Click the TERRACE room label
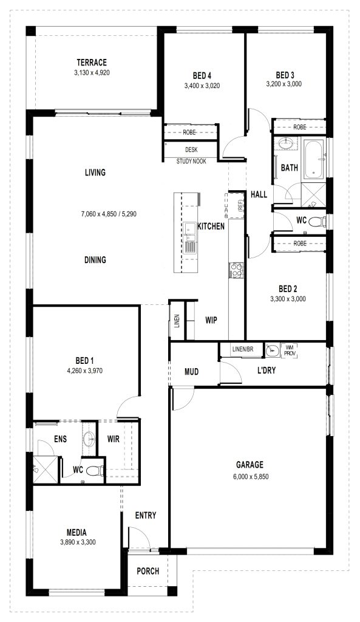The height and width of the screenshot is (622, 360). tap(92, 63)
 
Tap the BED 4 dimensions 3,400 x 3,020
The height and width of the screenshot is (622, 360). tap(202, 85)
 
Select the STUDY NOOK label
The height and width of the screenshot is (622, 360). tap(191, 162)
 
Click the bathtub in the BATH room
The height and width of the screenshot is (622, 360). tap(313, 159)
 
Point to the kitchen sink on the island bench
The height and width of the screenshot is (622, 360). tap(189, 231)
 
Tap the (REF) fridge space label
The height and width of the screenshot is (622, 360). tap(240, 205)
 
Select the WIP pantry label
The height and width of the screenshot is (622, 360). tap(211, 320)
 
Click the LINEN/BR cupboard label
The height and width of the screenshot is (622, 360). tap(243, 349)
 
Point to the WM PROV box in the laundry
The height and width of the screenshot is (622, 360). tap(289, 350)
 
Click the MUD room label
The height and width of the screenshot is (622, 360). tap(191, 372)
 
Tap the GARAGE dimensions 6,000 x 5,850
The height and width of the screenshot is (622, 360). tap(251, 476)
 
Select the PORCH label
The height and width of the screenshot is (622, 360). tap(148, 571)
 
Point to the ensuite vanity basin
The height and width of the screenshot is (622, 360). tap(89, 439)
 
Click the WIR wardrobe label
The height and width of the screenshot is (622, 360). tap(114, 439)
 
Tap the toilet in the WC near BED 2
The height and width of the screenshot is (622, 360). tap(317, 221)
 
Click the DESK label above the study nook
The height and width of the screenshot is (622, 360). tap(191, 150)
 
